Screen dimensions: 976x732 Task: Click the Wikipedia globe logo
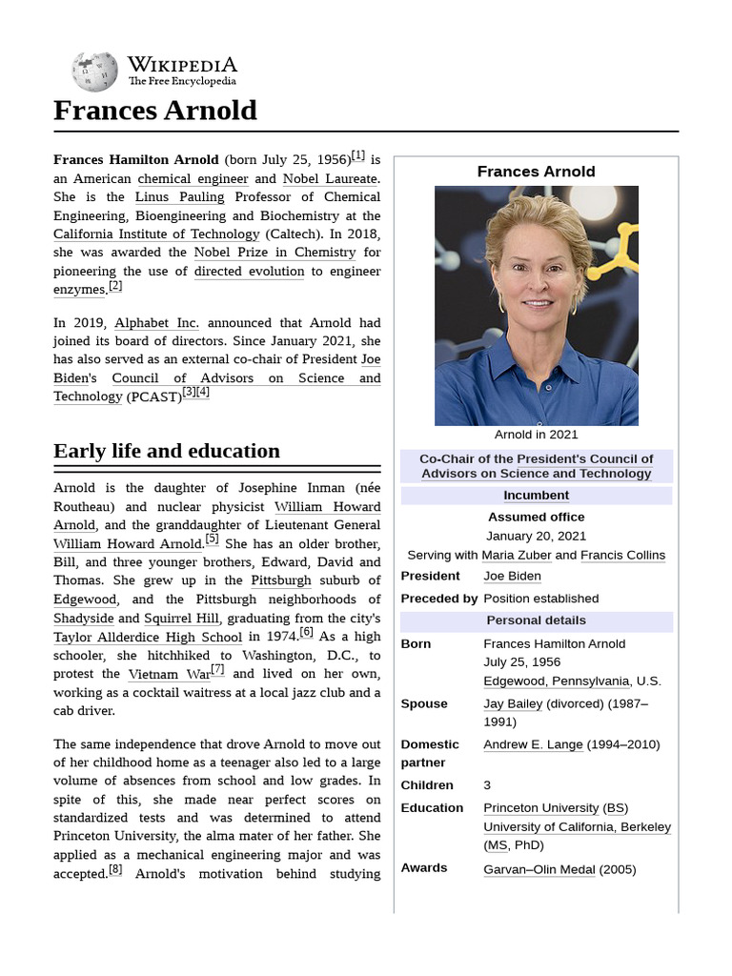point(94,71)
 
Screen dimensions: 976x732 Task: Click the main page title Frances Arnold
point(155,111)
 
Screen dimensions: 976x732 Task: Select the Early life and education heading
point(167,451)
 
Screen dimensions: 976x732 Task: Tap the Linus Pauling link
point(179,197)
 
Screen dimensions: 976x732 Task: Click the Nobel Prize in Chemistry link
point(274,253)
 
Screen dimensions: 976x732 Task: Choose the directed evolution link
point(249,272)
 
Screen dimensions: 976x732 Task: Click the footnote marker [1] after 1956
point(357,155)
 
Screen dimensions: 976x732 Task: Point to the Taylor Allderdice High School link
point(148,638)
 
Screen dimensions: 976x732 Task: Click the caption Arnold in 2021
point(536,435)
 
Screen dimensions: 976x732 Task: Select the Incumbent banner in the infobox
point(536,496)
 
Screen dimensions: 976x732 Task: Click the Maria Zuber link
point(516,556)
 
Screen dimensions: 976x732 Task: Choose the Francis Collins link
point(622,556)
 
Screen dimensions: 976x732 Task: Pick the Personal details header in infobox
point(536,621)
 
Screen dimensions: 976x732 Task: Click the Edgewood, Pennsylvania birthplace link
point(557,681)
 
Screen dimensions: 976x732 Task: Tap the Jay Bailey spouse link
point(513,704)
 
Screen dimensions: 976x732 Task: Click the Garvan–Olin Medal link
point(539,869)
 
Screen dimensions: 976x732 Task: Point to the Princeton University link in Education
point(541,808)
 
